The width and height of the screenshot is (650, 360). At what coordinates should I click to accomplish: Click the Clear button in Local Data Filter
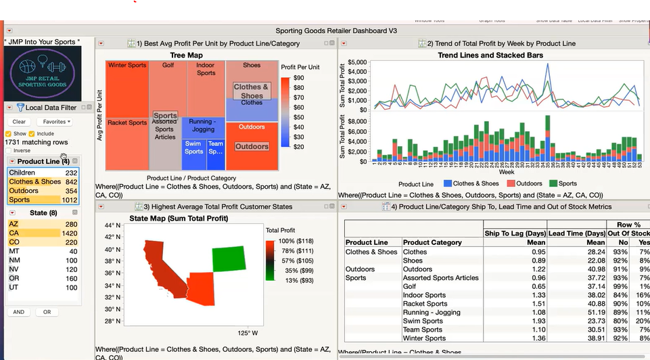point(19,122)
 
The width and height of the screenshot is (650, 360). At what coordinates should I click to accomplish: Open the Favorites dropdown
point(57,122)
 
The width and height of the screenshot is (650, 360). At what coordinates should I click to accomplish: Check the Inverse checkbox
point(9,150)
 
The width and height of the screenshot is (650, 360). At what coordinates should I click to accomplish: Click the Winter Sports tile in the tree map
point(126,66)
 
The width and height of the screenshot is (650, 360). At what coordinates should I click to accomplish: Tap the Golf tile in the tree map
point(168,66)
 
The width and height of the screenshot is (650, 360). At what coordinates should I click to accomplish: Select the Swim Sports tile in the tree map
point(193,148)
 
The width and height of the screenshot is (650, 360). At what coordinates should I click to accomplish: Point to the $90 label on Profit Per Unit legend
point(299,78)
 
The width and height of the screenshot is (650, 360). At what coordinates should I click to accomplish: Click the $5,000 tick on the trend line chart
point(356,62)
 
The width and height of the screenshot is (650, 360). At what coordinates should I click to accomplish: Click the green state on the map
point(230,259)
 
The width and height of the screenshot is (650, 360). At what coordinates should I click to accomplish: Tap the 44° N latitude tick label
point(112,225)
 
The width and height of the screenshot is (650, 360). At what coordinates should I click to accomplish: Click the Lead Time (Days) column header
point(576,233)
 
